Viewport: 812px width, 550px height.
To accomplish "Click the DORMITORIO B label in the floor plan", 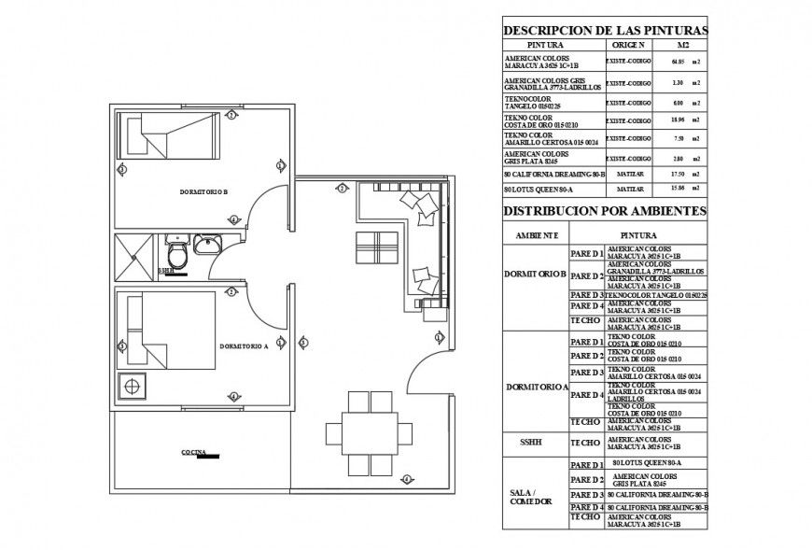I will click(x=203, y=191).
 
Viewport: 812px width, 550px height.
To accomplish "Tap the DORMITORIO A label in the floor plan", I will click(x=244, y=346).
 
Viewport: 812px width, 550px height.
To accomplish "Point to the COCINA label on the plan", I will click(x=193, y=452).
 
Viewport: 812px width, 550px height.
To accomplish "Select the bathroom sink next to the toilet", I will click(x=207, y=245).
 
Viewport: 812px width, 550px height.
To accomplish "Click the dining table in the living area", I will click(x=370, y=432).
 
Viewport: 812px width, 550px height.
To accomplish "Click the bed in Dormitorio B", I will click(x=169, y=135).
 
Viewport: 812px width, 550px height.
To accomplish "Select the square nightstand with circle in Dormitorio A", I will click(x=133, y=384).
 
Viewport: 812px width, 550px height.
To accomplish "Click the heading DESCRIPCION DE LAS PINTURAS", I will click(x=605, y=30).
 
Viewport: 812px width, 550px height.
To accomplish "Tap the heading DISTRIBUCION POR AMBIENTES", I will click(x=605, y=211).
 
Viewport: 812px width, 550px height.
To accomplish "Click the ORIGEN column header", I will click(x=627, y=45).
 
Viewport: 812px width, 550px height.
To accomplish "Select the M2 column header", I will click(x=683, y=45).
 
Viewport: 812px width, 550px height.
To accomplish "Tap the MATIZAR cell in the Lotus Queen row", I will click(x=627, y=188).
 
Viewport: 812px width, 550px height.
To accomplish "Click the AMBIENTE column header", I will click(x=535, y=234).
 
